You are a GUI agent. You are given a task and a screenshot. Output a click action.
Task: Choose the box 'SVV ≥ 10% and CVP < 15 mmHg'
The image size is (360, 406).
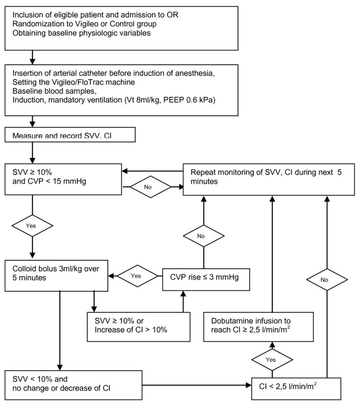click(x=64, y=179)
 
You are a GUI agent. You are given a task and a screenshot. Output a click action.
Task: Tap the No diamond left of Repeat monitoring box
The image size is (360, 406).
click(x=152, y=187)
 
